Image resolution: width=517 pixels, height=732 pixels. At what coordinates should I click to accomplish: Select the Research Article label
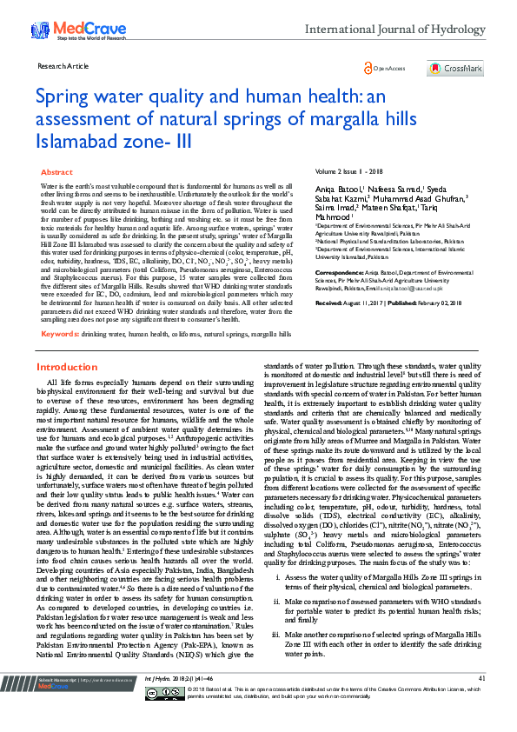pos(63,66)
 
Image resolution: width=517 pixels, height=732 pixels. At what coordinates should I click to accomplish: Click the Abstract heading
pos(57,173)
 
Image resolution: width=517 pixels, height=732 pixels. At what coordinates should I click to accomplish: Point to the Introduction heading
pos(67,392)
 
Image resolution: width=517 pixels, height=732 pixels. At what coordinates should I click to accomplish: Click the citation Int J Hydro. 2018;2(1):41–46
pos(179,702)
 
